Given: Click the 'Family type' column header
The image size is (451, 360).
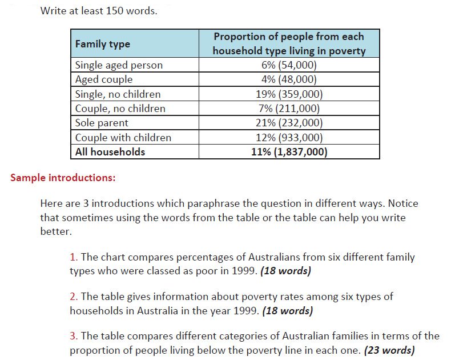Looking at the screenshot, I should pyautogui.click(x=103, y=44).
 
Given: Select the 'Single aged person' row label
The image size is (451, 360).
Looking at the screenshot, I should pyautogui.click(x=119, y=65).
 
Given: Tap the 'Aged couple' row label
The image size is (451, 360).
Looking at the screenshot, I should pyautogui.click(x=104, y=79).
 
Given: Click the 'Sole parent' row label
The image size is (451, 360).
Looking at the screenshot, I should pyautogui.click(x=102, y=123).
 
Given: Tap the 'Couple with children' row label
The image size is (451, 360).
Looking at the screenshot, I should pyautogui.click(x=123, y=138).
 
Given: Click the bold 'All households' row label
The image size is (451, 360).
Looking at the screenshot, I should pyautogui.click(x=110, y=152).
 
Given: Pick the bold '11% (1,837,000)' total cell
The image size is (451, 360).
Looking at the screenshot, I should pyautogui.click(x=289, y=152).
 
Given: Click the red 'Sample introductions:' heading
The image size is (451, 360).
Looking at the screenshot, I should pyautogui.click(x=63, y=178).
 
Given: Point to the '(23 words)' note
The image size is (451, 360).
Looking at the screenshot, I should pyautogui.click(x=389, y=350).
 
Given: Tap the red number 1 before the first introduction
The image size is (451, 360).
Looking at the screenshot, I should pyautogui.click(x=73, y=257).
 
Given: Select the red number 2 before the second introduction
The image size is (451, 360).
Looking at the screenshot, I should pyautogui.click(x=73, y=297).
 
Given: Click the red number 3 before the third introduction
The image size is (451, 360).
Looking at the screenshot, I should pyautogui.click(x=73, y=336).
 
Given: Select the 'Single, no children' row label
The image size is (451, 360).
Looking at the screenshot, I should pyautogui.click(x=118, y=94).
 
